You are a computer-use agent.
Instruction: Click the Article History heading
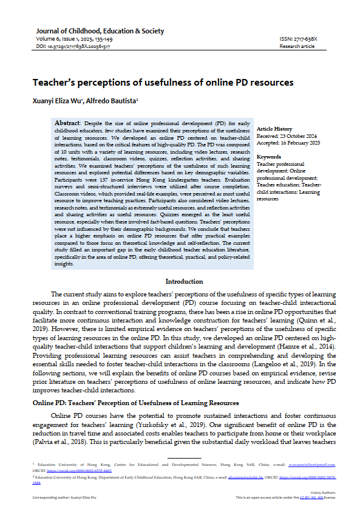pos(274,129)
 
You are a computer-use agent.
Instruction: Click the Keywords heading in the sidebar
pos(269,157)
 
